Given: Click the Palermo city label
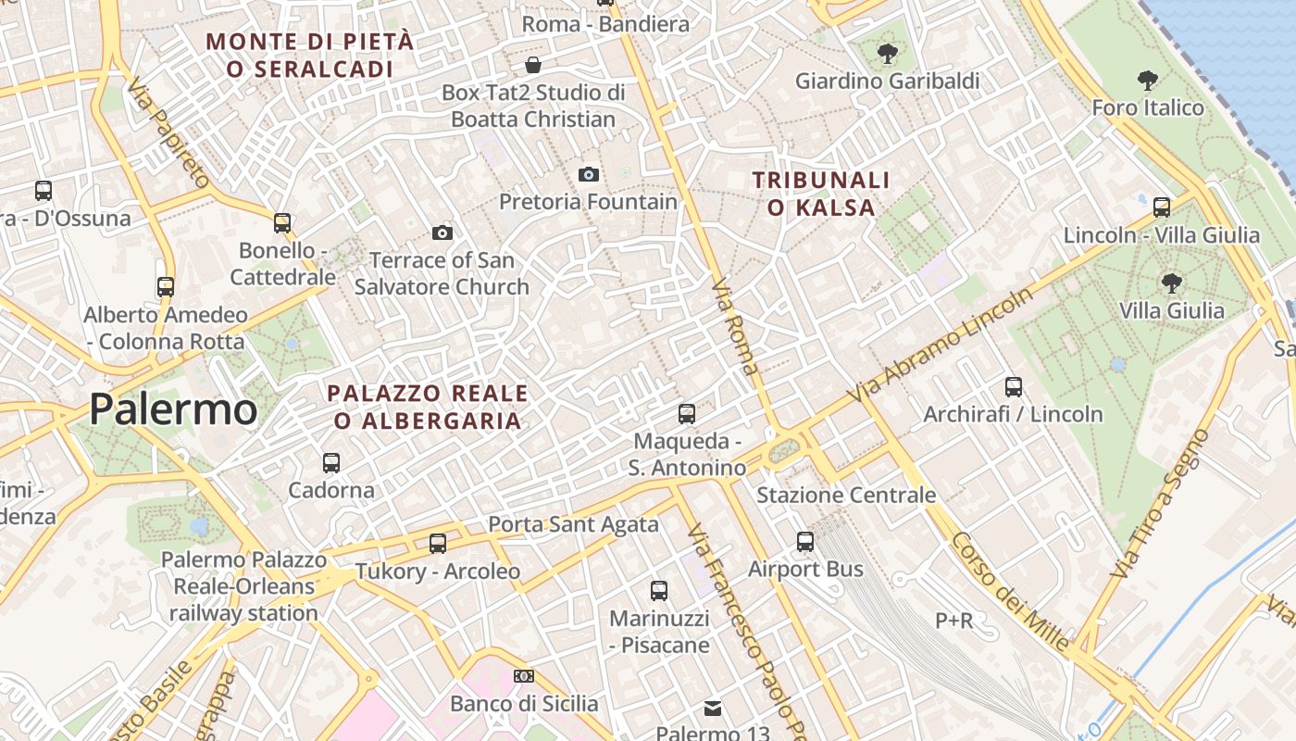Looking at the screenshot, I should click(x=173, y=409).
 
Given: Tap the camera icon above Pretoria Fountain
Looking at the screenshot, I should click(x=588, y=174).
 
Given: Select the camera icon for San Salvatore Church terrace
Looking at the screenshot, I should click(x=442, y=232).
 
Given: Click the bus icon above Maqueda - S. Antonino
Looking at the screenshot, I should click(x=687, y=413).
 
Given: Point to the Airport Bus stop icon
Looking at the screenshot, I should click(x=805, y=542).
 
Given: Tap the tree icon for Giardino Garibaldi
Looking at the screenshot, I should click(x=887, y=54).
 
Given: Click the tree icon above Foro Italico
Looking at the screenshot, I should click(x=1148, y=81).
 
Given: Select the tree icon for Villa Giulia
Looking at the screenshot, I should click(x=1171, y=283).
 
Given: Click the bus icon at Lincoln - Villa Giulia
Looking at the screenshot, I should click(x=1162, y=207).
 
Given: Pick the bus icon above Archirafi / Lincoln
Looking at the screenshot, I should click(x=1014, y=386).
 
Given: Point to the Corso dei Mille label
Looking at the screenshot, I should click(x=1009, y=590).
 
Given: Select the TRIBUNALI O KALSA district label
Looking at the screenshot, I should click(x=821, y=194).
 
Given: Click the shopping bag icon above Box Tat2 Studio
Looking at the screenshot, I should click(x=533, y=65).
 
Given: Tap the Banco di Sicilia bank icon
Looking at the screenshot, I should click(x=524, y=676).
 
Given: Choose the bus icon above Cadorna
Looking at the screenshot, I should click(x=330, y=462).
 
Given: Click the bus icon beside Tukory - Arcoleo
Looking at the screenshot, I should click(x=438, y=544).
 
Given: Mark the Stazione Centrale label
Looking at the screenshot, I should click(x=846, y=495).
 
